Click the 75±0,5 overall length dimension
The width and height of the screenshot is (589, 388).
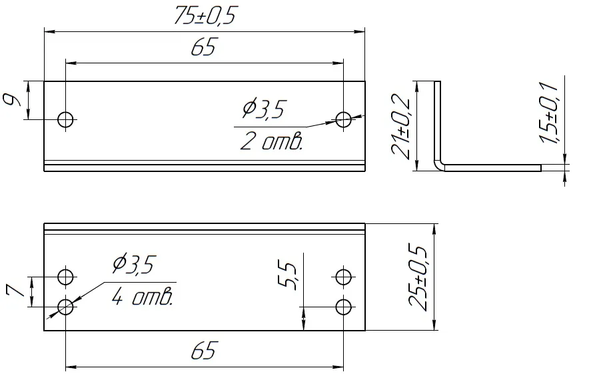[206, 16]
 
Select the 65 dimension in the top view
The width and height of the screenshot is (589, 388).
[204, 47]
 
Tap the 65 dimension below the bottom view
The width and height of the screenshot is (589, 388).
[204, 351]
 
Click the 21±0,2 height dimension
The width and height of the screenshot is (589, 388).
[400, 126]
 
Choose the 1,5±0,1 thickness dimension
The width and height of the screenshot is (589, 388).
[549, 113]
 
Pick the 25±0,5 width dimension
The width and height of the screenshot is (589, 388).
[417, 277]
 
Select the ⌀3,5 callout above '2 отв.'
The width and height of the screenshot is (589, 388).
[264, 109]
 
